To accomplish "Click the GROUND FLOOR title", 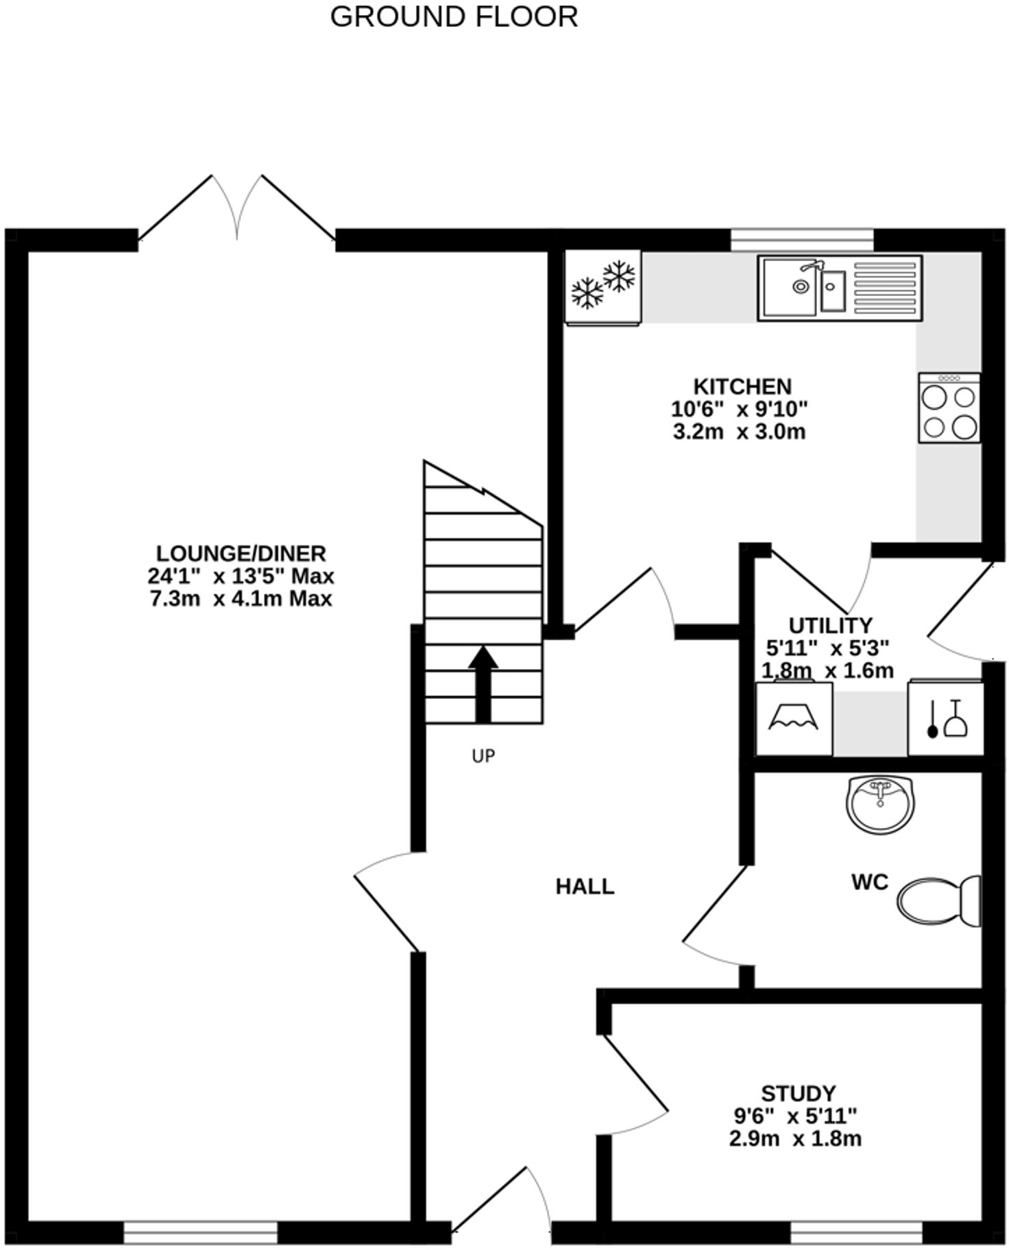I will click(454, 16).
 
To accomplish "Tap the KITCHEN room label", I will click(742, 386).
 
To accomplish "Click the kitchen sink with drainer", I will click(839, 288).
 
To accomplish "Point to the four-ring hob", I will click(949, 408).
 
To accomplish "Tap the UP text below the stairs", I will click(483, 756).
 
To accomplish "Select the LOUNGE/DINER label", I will click(241, 553).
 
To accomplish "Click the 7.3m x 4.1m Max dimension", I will click(241, 599).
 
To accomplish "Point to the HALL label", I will click(585, 887).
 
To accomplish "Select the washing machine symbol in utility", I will click(794, 719).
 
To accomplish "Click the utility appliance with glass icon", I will click(946, 719).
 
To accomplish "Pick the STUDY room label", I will click(799, 1092).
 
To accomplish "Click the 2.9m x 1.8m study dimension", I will click(795, 1139).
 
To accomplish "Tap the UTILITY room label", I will click(830, 625).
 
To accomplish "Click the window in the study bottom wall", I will click(856, 1233).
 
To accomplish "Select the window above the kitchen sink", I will click(802, 240).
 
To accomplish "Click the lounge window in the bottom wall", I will click(200, 1233).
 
